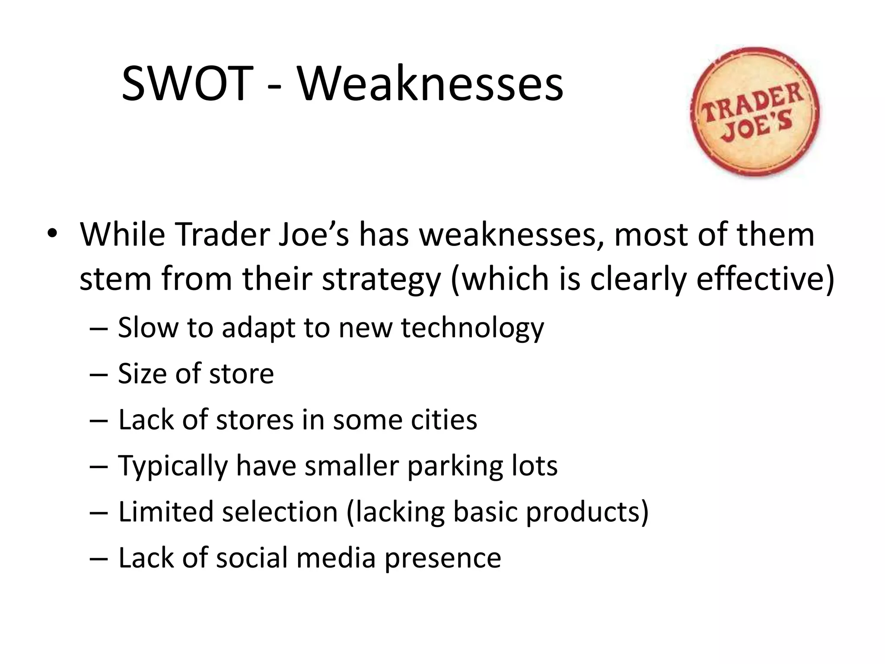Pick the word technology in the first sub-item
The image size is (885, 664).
[x=472, y=327]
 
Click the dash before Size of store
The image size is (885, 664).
[x=98, y=374]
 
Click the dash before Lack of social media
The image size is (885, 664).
[x=98, y=559]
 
